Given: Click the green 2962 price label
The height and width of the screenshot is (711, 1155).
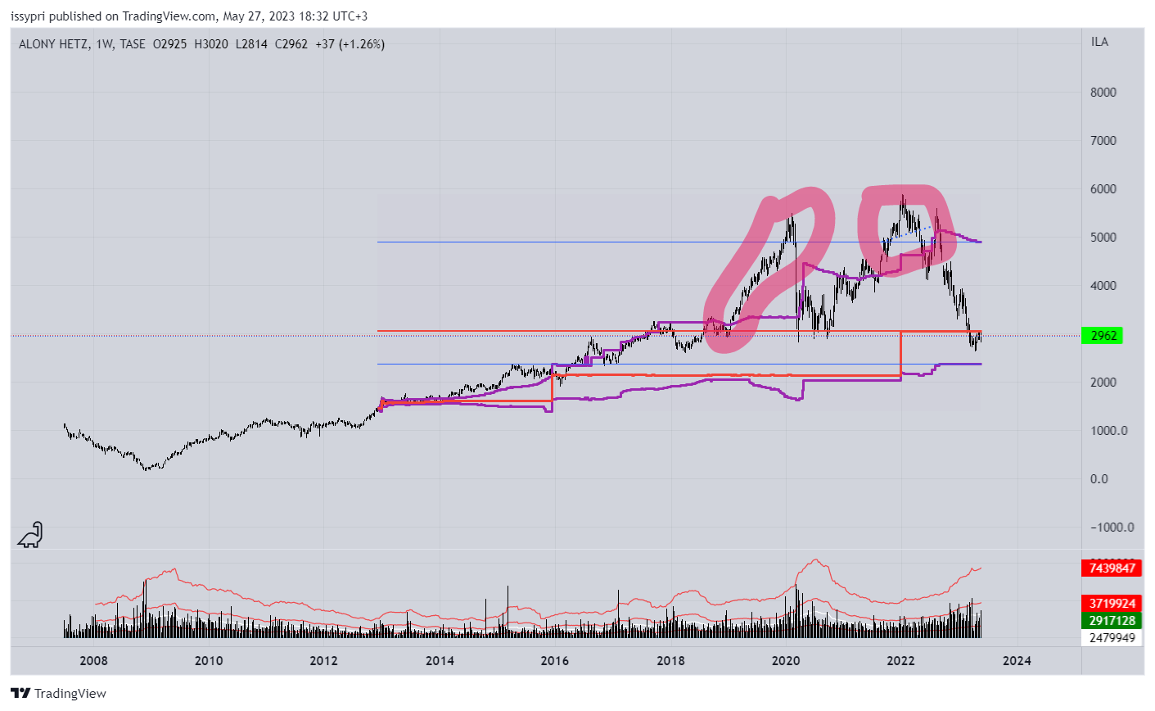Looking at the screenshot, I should point(1103,336).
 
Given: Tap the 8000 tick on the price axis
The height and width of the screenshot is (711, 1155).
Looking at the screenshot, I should point(1103,93).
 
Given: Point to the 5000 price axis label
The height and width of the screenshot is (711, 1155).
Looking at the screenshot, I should point(1103,238).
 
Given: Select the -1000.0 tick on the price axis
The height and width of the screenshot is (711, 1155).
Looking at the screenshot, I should point(1112,528).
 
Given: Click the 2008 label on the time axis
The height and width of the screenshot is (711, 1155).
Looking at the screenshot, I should point(93,661).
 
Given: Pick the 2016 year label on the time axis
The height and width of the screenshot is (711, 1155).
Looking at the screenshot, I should point(555,661).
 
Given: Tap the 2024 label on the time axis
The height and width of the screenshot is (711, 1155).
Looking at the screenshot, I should point(1017,661).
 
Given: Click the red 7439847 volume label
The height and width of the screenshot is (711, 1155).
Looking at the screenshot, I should point(1112,568).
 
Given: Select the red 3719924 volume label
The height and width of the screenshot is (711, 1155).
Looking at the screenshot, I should point(1112,605).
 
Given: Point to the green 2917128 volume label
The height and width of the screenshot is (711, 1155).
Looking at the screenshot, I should point(1112,621).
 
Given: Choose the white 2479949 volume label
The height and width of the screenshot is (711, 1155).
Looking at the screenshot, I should point(1112,637).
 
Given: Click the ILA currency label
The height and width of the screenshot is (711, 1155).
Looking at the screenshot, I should point(1099,42).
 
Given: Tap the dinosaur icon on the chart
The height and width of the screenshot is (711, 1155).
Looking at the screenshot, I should point(30,535).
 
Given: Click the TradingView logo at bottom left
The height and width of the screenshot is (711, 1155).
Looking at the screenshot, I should point(59,694).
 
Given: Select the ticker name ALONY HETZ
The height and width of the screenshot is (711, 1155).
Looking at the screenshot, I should point(54,44).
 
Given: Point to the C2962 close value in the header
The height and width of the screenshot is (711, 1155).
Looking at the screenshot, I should point(291,44).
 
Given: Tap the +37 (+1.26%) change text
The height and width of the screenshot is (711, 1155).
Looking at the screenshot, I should point(350,44).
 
